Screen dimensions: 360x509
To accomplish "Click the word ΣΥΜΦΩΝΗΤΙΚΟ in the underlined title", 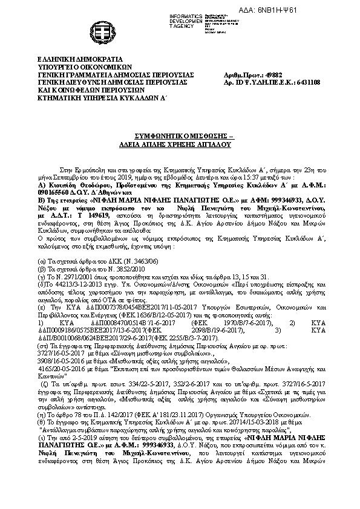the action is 158,138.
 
